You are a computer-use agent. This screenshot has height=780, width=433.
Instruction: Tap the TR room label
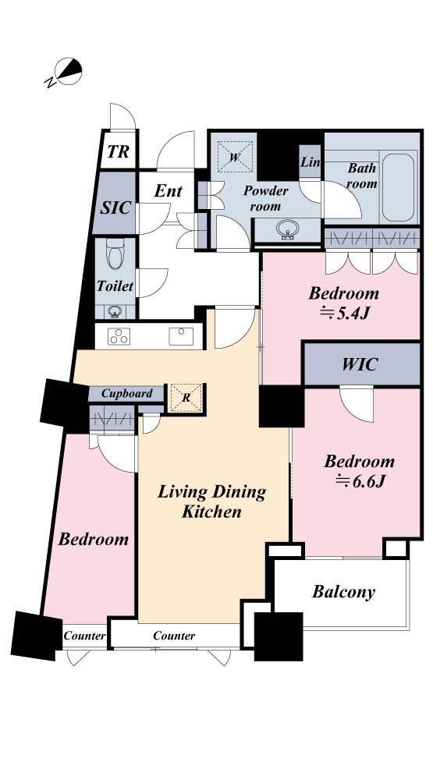[x=118, y=152]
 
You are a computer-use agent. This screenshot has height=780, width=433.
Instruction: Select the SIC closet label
[x=115, y=208]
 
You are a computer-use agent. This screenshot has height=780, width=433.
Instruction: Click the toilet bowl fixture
[x=115, y=253]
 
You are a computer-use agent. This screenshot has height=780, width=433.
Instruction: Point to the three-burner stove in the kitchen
[x=119, y=337]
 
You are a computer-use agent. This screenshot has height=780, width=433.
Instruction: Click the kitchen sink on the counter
[x=181, y=336]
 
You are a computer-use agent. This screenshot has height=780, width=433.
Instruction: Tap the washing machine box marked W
[x=235, y=157]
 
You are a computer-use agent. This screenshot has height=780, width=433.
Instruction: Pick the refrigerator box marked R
[x=186, y=398]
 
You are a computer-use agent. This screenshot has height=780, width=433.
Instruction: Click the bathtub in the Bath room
[x=398, y=187]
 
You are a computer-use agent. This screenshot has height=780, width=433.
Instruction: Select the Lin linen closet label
[x=311, y=162]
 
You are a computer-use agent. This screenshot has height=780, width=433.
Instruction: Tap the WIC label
[x=360, y=364]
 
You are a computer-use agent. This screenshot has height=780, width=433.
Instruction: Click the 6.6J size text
[x=360, y=481]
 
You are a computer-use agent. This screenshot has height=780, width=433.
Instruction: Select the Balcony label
[x=343, y=592]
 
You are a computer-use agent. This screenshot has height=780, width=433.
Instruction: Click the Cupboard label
[x=127, y=393]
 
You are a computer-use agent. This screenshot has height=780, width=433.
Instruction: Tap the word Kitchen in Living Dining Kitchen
[x=211, y=512]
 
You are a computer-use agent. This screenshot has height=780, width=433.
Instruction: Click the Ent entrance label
[x=168, y=190]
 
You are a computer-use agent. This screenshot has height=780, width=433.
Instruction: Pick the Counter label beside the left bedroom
[x=84, y=636]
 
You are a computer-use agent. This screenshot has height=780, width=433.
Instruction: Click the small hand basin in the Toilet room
[x=115, y=313]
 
